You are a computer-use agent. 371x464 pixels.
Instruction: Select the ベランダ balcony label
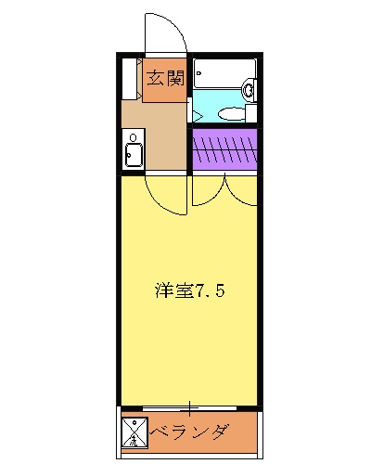point(189,432)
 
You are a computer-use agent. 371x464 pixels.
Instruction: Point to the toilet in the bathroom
point(232,113)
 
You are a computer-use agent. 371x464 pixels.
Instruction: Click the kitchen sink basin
point(133,154)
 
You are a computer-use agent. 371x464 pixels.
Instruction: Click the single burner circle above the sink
point(133,140)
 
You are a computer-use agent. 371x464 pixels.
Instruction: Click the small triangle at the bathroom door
point(198,115)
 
